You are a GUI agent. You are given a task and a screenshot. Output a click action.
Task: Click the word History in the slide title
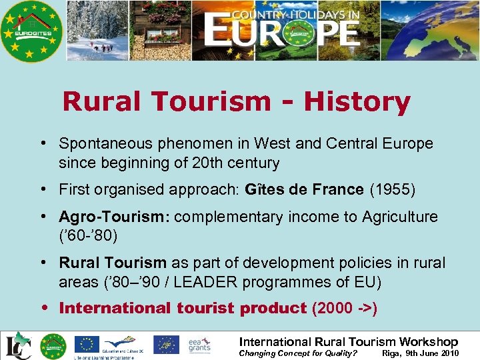click(x=357, y=102)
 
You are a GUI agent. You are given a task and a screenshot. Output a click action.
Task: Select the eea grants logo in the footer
click(x=199, y=344)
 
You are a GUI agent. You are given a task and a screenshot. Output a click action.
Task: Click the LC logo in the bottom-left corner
click(x=16, y=346)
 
